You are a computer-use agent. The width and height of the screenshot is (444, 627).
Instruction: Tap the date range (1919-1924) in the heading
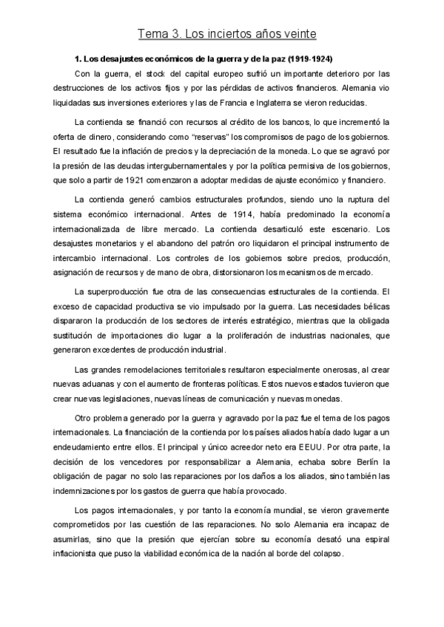point(309,58)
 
